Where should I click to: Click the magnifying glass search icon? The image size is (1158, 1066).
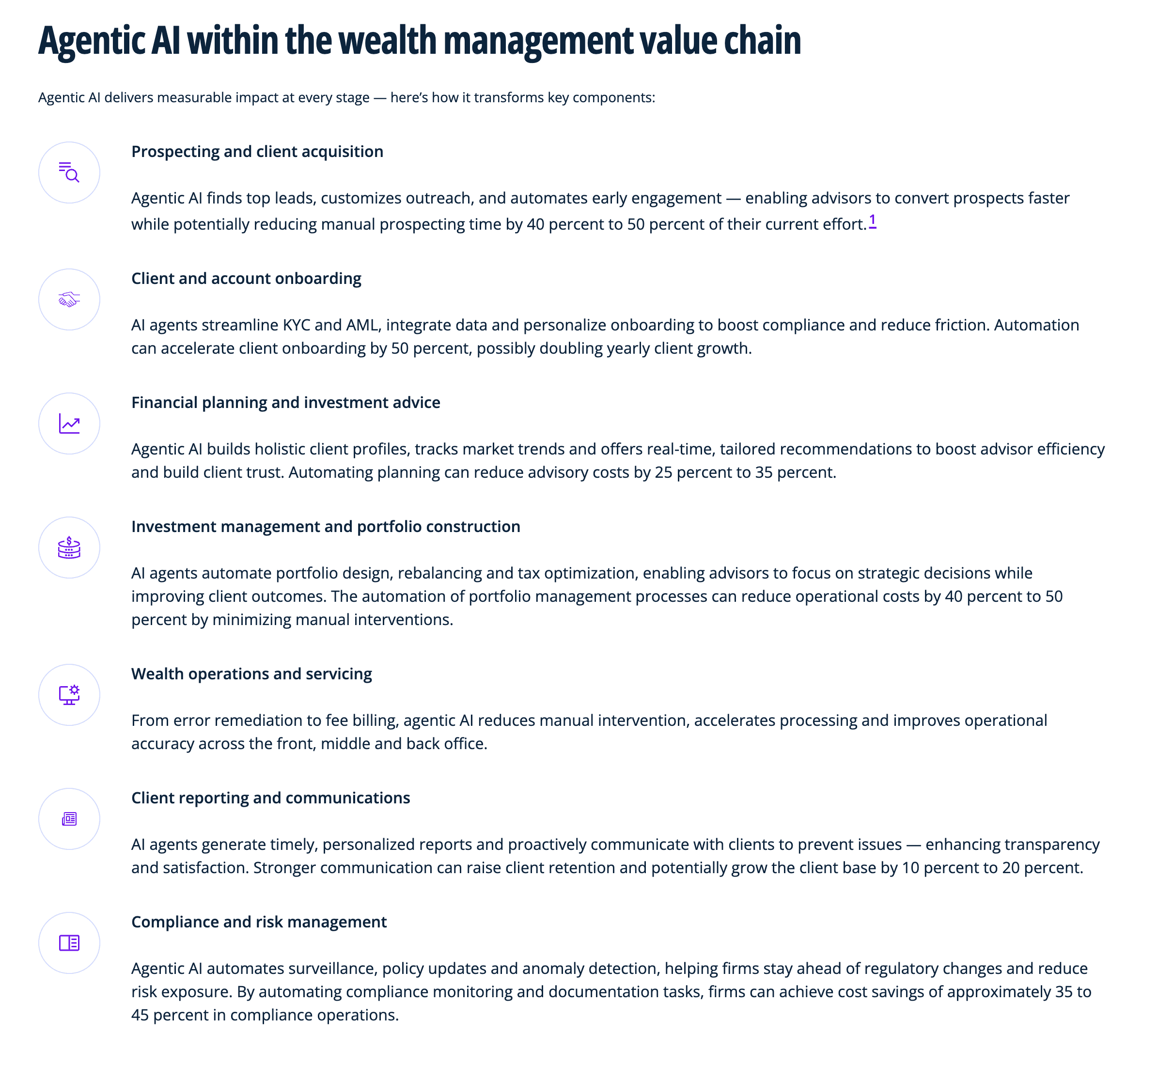tap(69, 172)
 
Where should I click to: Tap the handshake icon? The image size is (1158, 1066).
tap(69, 299)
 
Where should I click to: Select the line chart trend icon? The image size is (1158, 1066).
tap(69, 424)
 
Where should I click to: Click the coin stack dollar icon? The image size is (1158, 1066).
tap(69, 548)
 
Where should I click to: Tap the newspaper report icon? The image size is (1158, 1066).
tap(69, 819)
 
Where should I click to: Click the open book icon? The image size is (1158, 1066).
tap(69, 943)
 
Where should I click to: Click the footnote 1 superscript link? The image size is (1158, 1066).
tap(873, 221)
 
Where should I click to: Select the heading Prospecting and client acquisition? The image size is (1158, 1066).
tap(257, 152)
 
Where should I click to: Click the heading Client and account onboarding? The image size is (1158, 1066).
tap(246, 279)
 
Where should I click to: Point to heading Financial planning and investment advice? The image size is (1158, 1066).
tap(285, 403)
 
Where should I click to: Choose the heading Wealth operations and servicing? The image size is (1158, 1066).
tap(251, 674)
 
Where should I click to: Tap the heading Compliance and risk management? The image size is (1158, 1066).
tap(259, 922)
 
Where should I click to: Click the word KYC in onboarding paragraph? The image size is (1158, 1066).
tap(297, 325)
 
